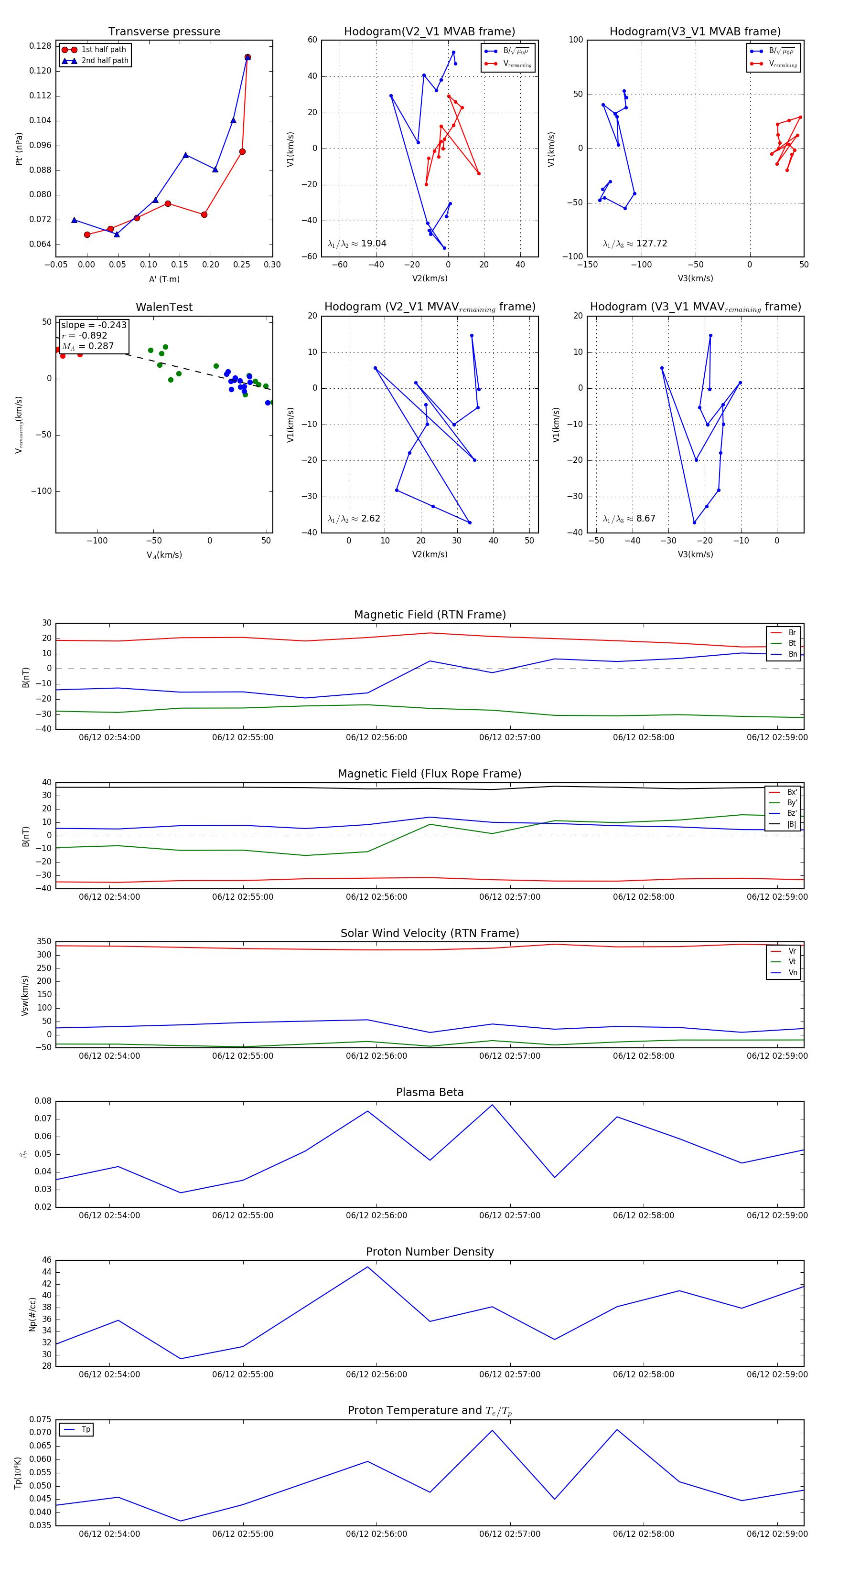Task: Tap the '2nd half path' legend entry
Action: coord(105,61)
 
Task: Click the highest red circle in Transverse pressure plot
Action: coord(247,57)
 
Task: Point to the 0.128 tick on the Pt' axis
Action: coord(41,46)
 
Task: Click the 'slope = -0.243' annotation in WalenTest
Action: coord(94,325)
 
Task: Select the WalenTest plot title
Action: coord(164,307)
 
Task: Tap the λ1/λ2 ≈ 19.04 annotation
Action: coord(357,244)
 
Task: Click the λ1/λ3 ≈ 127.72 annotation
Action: coord(635,244)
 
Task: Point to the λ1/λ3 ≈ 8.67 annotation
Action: coord(629,519)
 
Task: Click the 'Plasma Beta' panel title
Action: coord(430,1092)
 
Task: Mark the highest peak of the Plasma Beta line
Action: coord(492,1105)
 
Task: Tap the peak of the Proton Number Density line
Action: coord(367,1267)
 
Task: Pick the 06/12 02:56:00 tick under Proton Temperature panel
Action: coord(376,1534)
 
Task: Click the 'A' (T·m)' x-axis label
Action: coord(164,279)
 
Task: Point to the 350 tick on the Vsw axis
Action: coord(44,942)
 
